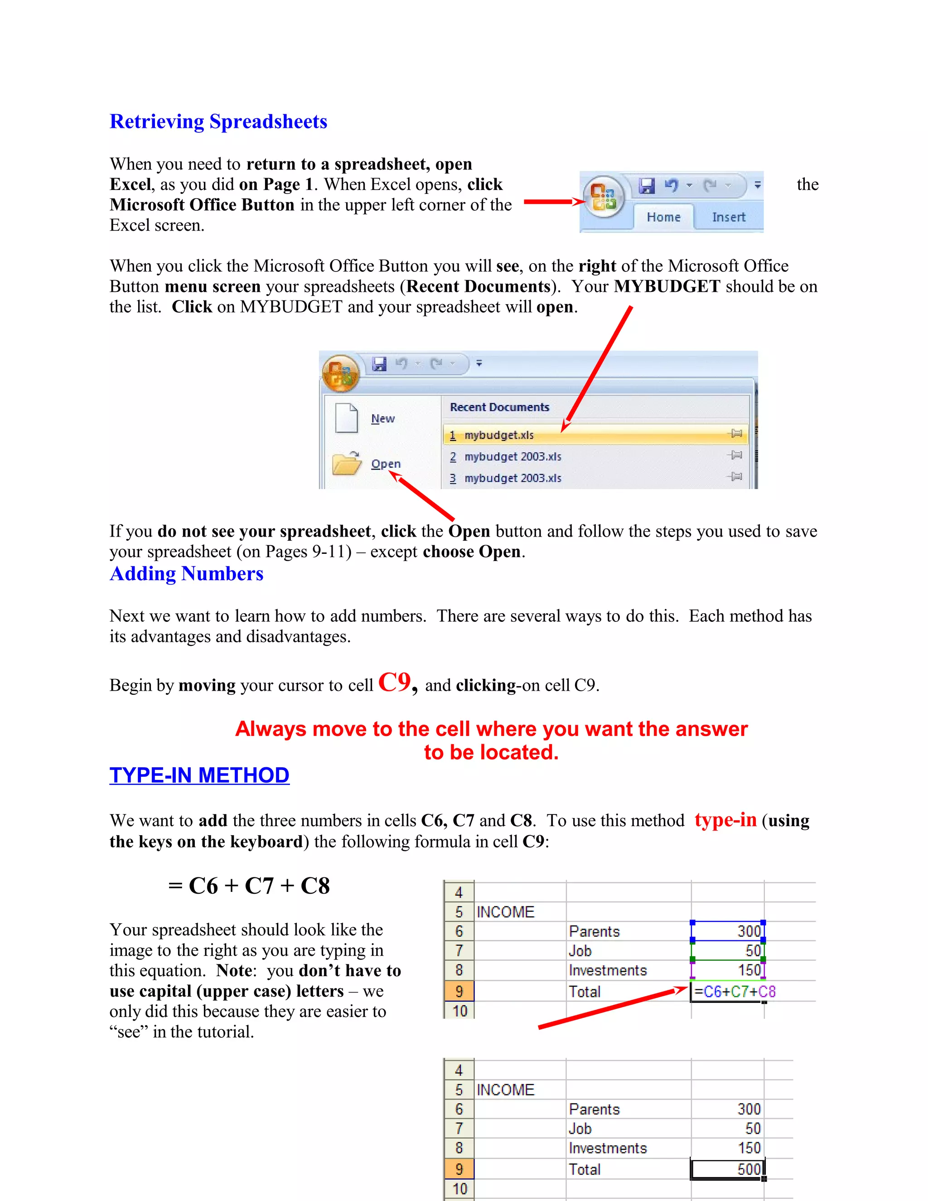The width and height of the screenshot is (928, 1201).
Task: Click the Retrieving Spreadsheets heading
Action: pos(218,121)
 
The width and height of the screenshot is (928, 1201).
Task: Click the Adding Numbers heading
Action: pos(186,574)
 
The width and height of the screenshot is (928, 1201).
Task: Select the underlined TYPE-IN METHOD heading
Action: pos(199,775)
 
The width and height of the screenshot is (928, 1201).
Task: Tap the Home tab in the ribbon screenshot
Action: pos(663,217)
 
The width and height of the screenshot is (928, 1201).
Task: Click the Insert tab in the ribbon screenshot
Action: pos(729,217)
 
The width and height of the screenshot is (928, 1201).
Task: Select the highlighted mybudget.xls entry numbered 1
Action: pos(498,435)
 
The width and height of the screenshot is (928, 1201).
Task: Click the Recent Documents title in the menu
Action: pos(499,407)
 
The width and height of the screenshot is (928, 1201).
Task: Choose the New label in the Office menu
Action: pos(382,418)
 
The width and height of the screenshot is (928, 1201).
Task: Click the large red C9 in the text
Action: pos(395,683)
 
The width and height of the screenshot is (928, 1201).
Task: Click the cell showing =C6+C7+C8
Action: pos(727,992)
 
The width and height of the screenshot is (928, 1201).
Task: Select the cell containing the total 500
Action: pos(727,1169)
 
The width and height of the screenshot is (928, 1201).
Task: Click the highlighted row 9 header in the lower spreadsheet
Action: pos(459,1169)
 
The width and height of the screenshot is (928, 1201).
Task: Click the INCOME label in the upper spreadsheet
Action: pos(505,912)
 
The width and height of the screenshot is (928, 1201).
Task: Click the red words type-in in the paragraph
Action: pos(725,820)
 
